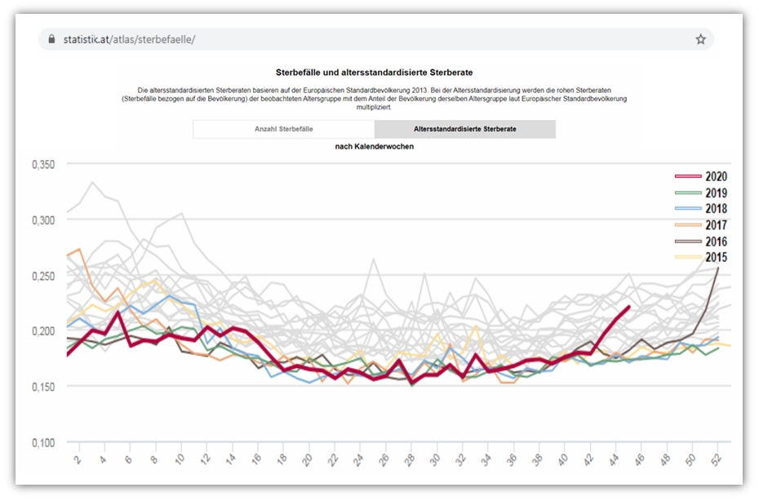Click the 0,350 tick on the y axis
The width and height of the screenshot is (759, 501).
tap(42, 165)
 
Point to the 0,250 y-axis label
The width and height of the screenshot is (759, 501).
tap(42, 276)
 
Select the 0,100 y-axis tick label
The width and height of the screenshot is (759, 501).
tap(42, 443)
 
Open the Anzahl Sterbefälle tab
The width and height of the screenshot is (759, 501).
tap(283, 130)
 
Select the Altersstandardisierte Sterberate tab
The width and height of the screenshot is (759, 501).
tap(464, 130)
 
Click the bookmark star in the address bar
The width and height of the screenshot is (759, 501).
tap(700, 39)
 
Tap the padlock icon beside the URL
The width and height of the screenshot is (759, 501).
tap(52, 39)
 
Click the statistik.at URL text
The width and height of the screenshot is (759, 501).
tap(129, 39)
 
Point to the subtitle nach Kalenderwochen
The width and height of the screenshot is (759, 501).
tap(375, 147)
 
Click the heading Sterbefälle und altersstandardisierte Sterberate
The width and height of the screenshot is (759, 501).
tap(375, 73)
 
